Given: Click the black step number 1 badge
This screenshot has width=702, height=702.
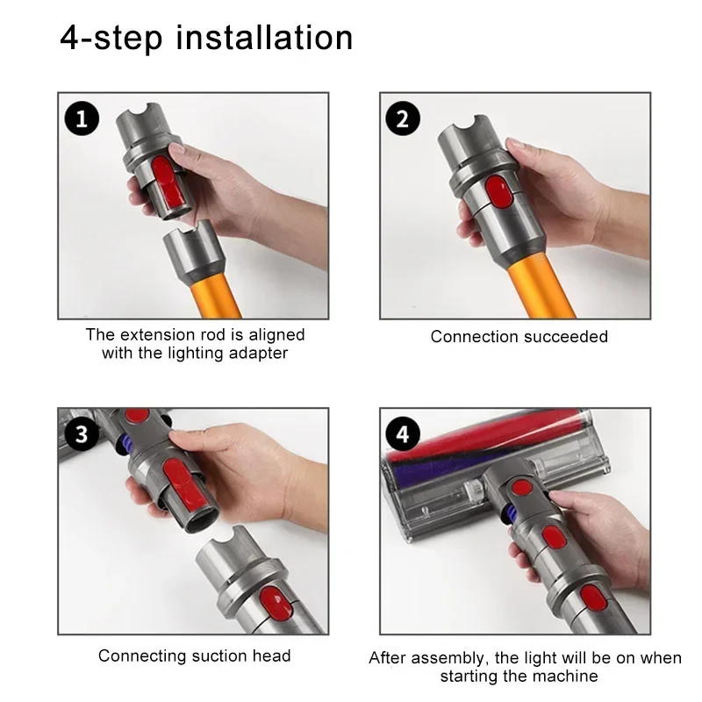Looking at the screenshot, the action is point(82,118).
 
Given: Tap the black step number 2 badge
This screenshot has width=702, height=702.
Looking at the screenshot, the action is point(403,118).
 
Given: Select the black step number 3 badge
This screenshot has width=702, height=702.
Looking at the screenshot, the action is point(82,434).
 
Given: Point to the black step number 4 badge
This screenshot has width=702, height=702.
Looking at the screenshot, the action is point(403,434).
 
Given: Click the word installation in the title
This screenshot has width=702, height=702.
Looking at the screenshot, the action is point(264,38).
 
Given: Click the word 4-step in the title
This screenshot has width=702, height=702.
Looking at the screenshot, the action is point(111,39).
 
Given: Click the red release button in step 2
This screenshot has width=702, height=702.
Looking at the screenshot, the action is point(498,191).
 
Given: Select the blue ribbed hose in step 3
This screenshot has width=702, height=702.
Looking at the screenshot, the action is point(125,441).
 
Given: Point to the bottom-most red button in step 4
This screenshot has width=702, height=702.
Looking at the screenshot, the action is point(594,598).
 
